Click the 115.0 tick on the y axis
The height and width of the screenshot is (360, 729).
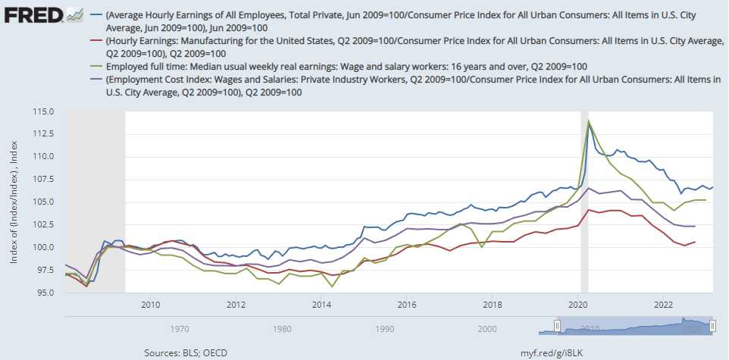coord(43,111)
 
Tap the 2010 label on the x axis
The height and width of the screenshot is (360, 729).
coord(151,304)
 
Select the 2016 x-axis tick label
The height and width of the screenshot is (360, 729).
coord(407,304)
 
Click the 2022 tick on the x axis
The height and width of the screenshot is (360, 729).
coord(663,304)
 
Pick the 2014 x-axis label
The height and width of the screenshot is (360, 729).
coord(321,304)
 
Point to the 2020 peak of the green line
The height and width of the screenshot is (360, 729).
coord(589,121)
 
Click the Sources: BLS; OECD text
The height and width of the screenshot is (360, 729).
coord(186,353)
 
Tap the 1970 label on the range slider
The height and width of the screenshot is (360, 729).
coord(180,329)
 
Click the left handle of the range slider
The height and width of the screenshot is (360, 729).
coord(557,326)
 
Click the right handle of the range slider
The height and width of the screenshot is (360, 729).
coord(712,326)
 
